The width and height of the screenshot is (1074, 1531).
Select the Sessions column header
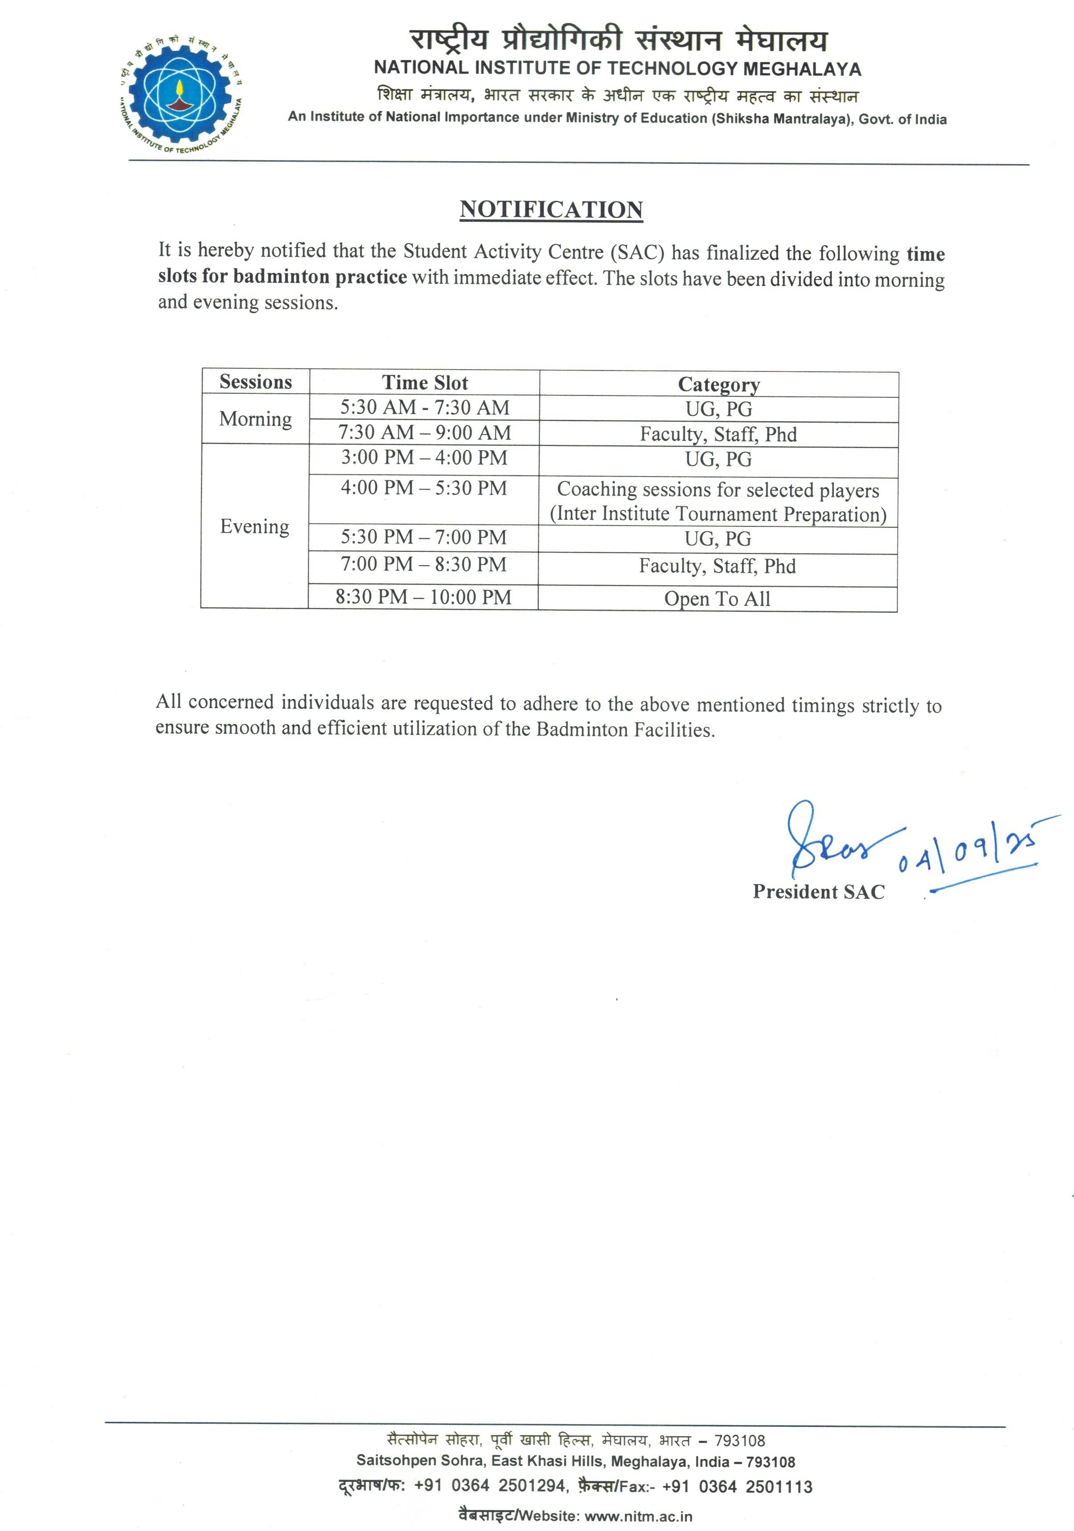coord(255,382)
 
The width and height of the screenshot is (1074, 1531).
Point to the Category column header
coord(718,385)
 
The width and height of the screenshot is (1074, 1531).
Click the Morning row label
coord(255,419)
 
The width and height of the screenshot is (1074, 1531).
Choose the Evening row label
coord(255,526)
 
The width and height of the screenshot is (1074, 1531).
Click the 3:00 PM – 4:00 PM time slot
coord(424,458)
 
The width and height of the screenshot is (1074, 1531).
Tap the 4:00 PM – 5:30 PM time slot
coord(424,488)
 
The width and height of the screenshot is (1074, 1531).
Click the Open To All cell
coord(717,599)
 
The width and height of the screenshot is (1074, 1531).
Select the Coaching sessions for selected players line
coord(718,490)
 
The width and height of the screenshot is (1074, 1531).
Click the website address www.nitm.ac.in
coord(639,1516)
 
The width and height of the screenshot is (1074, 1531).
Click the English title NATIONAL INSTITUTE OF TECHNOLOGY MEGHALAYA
coord(618,68)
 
